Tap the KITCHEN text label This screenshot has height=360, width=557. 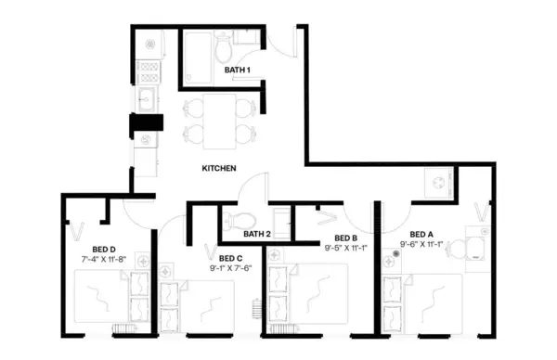point(219,169)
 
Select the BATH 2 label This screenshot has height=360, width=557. point(257,234)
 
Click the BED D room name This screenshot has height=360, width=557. point(103,249)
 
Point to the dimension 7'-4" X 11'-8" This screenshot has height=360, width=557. point(104,259)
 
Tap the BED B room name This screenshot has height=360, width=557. point(346,238)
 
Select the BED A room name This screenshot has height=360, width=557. point(421,234)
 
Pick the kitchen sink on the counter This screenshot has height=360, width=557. point(147,97)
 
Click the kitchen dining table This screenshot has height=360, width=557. point(217,120)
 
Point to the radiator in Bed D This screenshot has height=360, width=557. point(121,328)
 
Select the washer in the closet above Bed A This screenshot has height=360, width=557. point(434,182)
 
